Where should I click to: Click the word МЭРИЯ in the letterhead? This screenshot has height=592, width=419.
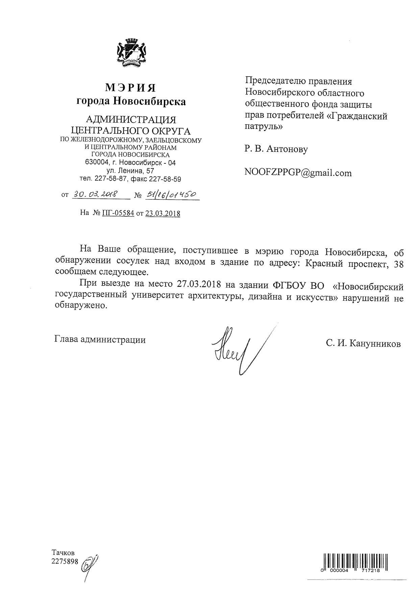pos(130,88)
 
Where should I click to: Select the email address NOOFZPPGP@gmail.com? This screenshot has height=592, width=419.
pos(298,173)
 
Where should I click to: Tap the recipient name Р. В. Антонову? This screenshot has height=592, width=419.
pos(276,149)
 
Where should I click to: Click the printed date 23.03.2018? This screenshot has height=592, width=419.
pos(163,213)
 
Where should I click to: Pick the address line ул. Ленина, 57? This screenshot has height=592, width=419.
pos(130,171)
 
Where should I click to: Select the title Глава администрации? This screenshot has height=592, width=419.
pos(100,340)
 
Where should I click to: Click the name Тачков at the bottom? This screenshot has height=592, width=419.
pos(63,553)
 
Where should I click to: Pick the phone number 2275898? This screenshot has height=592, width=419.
pos(65,561)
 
